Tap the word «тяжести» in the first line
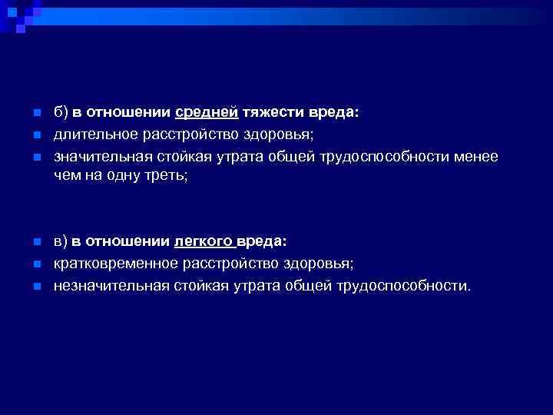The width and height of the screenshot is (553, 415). click(x=270, y=113)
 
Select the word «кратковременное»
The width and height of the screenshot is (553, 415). click(x=115, y=264)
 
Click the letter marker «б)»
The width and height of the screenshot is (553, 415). click(x=61, y=113)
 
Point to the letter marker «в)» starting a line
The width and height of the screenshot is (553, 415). click(x=61, y=241)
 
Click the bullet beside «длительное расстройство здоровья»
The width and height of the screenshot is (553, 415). click(x=35, y=136)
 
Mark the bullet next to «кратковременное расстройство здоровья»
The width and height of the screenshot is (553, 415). click(x=35, y=264)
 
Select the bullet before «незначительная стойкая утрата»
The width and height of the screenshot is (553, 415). click(x=35, y=287)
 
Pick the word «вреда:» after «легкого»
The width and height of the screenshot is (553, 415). click(x=262, y=241)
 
